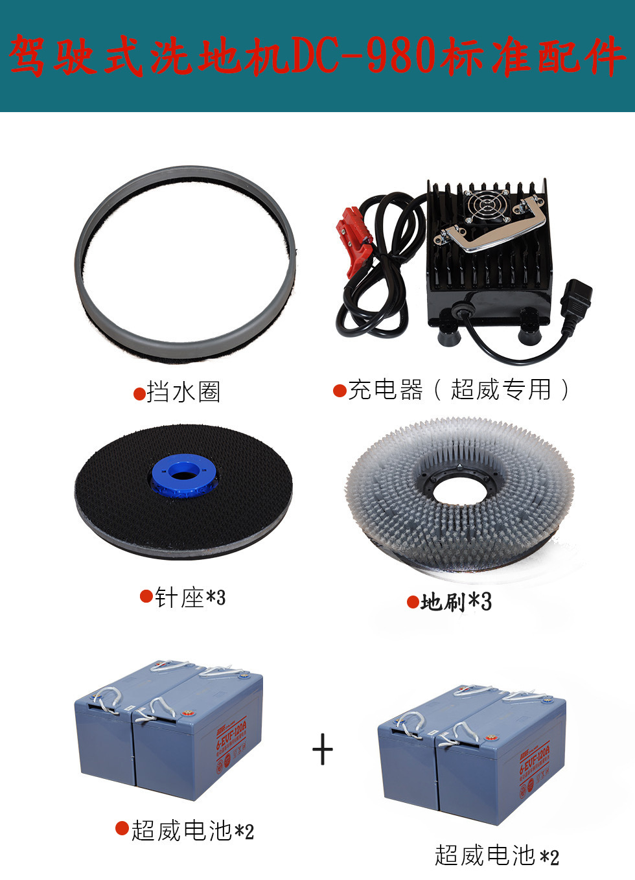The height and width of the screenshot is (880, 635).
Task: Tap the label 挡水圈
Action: pos(184,392)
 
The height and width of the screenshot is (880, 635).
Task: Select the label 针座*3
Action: pos(190,597)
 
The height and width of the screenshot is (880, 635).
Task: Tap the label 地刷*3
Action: pos(456,602)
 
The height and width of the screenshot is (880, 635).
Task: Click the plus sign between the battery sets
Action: pos(323,750)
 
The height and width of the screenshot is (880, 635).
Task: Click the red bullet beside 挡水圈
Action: pos(139,393)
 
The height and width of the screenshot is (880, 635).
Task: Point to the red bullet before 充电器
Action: pos(340,391)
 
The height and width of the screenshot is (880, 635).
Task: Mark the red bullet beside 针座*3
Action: pos(146,596)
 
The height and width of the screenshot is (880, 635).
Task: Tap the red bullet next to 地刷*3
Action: pos(413,603)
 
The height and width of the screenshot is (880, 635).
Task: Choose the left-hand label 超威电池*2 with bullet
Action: pos(192,830)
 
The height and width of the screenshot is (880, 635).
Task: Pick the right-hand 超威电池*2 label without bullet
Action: pos(496,856)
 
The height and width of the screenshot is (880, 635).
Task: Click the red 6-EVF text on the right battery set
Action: pos(534,761)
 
